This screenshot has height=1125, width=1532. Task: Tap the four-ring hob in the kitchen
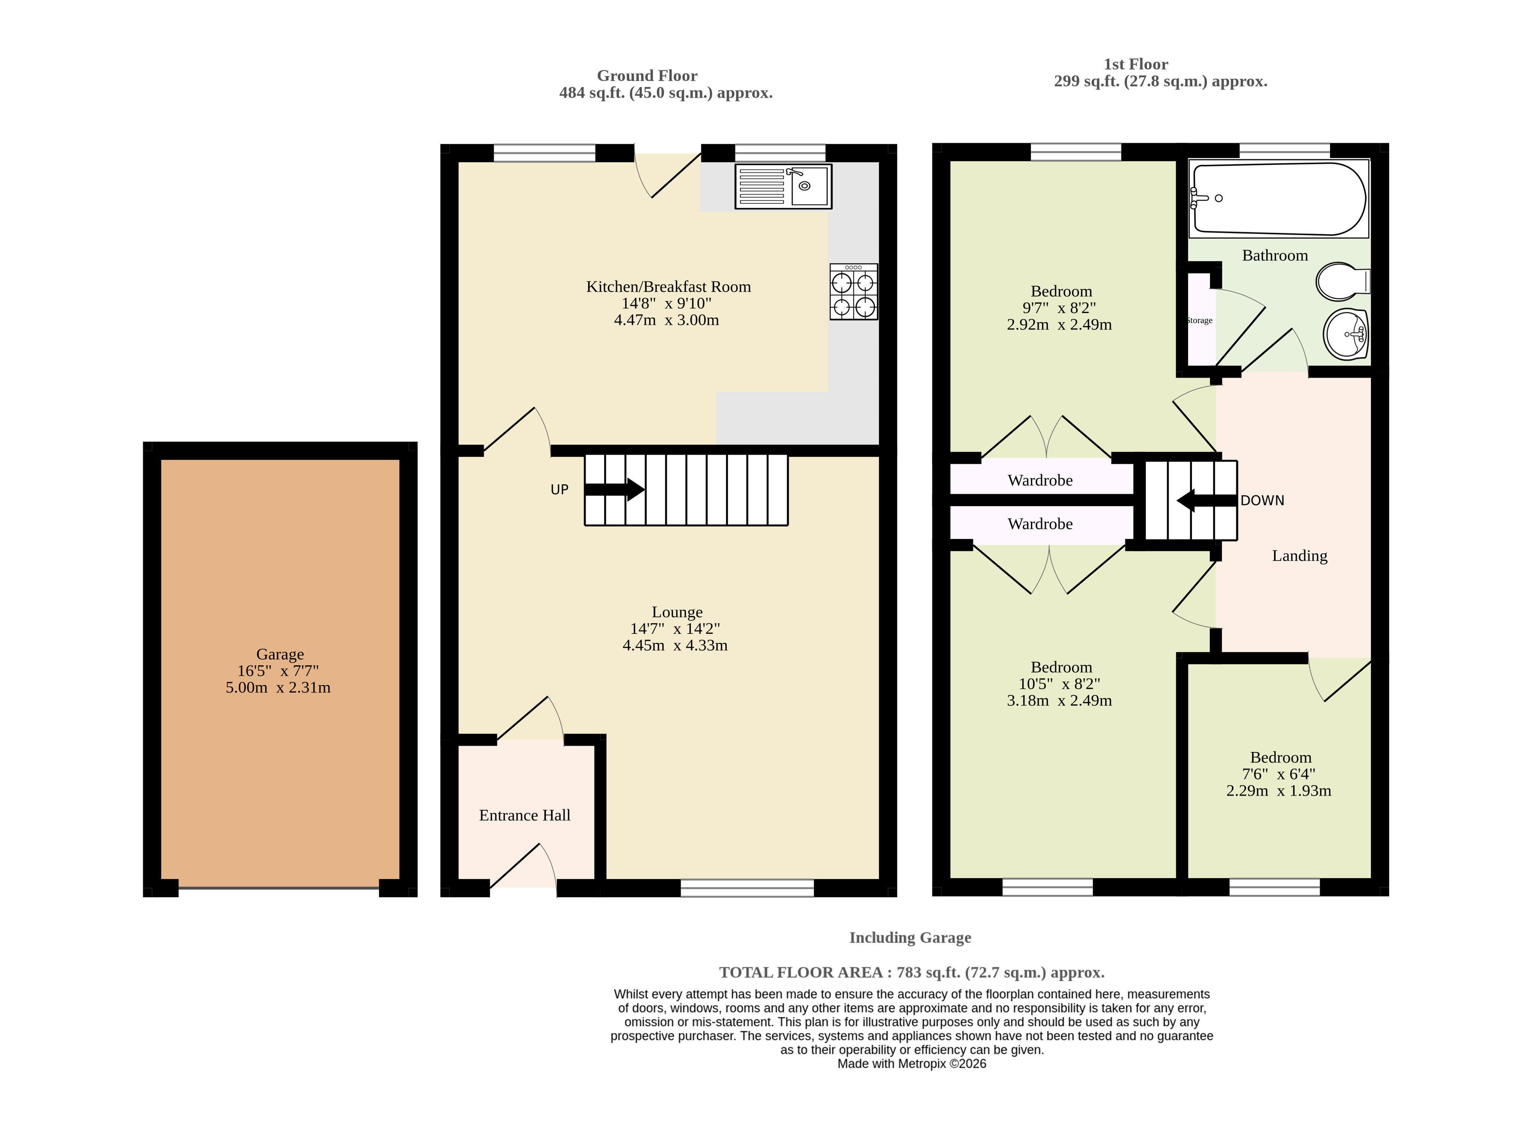854,292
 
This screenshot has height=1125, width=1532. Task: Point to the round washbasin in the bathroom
1345,334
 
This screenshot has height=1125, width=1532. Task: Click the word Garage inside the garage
280,654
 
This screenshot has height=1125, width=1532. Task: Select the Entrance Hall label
524,815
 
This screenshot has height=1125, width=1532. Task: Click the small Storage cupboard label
1199,320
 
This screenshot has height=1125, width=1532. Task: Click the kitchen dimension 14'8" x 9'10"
666,303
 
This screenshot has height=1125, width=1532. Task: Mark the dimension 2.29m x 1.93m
1279,791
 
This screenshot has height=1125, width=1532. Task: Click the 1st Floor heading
1136,64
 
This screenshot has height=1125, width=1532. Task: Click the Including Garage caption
910,938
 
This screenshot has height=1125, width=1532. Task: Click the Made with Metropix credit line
911,1064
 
